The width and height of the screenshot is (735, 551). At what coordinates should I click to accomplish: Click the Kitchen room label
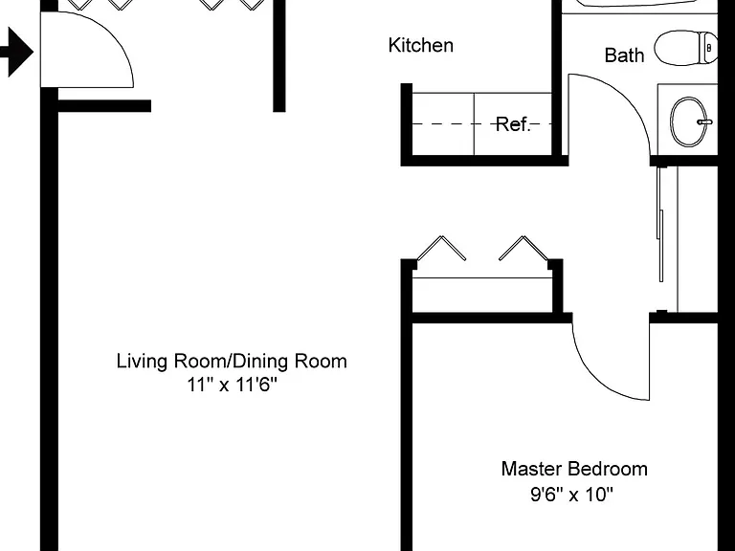pyautogui.click(x=421, y=46)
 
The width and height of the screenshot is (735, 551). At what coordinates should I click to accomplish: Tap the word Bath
pyautogui.click(x=624, y=55)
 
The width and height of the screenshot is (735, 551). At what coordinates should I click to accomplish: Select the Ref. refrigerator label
pyautogui.click(x=513, y=124)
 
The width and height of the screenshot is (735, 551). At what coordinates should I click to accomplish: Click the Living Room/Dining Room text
pyautogui.click(x=232, y=362)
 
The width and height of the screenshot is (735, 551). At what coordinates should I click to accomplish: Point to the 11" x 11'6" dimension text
pyautogui.click(x=232, y=386)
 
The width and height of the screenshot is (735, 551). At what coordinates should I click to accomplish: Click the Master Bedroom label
pyautogui.click(x=574, y=469)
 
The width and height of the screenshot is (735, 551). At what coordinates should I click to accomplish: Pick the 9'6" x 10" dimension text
pyautogui.click(x=572, y=494)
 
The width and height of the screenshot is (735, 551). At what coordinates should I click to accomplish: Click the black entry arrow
pyautogui.click(x=15, y=52)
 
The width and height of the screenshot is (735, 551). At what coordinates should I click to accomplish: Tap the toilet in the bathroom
pyautogui.click(x=686, y=48)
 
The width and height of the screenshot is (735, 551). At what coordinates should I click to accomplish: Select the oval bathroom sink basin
pyautogui.click(x=689, y=121)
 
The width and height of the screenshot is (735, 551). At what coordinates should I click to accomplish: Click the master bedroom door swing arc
pyautogui.click(x=595, y=375)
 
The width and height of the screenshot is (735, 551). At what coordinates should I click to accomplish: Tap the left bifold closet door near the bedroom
pyautogui.click(x=441, y=248)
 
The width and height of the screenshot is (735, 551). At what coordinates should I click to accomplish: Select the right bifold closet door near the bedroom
pyautogui.click(x=523, y=248)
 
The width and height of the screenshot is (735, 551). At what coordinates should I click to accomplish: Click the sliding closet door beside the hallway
pyautogui.click(x=661, y=224)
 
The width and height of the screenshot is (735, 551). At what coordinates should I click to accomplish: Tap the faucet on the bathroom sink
pyautogui.click(x=704, y=121)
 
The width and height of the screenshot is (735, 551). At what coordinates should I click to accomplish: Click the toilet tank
pyautogui.click(x=708, y=48)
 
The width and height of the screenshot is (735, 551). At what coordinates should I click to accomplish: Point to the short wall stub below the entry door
pyautogui.click(x=104, y=106)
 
